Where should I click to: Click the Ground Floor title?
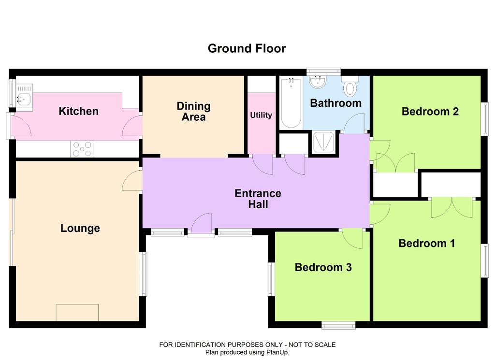(247, 48)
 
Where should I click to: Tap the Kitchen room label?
(79, 111)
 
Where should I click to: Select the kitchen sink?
(24, 96)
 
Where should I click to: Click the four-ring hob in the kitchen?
(82, 149)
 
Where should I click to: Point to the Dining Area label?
(193, 111)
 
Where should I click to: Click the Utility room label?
(261, 115)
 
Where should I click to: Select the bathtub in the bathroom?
(291, 102)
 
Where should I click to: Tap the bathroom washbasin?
(318, 82)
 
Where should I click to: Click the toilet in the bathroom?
(350, 86)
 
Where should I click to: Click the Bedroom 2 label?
(430, 111)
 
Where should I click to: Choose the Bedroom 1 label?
(427, 243)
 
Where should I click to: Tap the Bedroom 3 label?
(323, 267)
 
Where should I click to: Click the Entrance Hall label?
(258, 199)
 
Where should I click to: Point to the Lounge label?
(80, 228)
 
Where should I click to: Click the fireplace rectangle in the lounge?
(77, 313)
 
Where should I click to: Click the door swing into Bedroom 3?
(352, 239)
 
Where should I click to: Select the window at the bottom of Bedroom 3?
(338, 325)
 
